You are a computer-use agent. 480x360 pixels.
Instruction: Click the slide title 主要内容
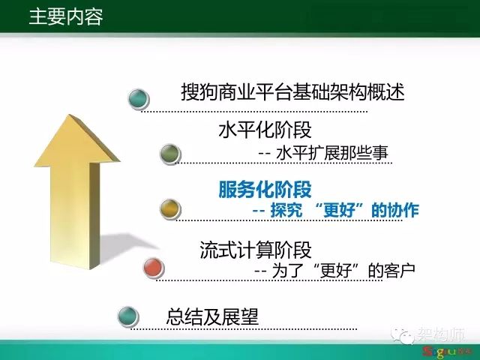[66, 16]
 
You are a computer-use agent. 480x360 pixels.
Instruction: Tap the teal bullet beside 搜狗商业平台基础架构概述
[138, 98]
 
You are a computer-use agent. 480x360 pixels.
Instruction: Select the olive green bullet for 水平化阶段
[170, 154]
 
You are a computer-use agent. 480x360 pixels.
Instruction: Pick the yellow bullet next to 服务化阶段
[170, 208]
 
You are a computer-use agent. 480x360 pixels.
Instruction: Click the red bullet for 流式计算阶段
[154, 268]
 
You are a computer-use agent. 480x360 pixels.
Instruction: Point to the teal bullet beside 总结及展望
[128, 316]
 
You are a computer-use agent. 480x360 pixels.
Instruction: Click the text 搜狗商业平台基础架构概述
[293, 91]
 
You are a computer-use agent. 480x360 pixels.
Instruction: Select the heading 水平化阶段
[265, 130]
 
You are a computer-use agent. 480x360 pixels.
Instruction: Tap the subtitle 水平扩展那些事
[331, 153]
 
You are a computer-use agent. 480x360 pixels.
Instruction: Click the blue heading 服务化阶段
[265, 190]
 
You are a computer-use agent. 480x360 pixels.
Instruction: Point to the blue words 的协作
[395, 210]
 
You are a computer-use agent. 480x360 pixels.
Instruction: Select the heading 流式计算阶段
[256, 250]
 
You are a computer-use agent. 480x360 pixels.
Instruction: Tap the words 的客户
[391, 270]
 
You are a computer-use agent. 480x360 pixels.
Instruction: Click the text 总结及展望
[212, 316]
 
